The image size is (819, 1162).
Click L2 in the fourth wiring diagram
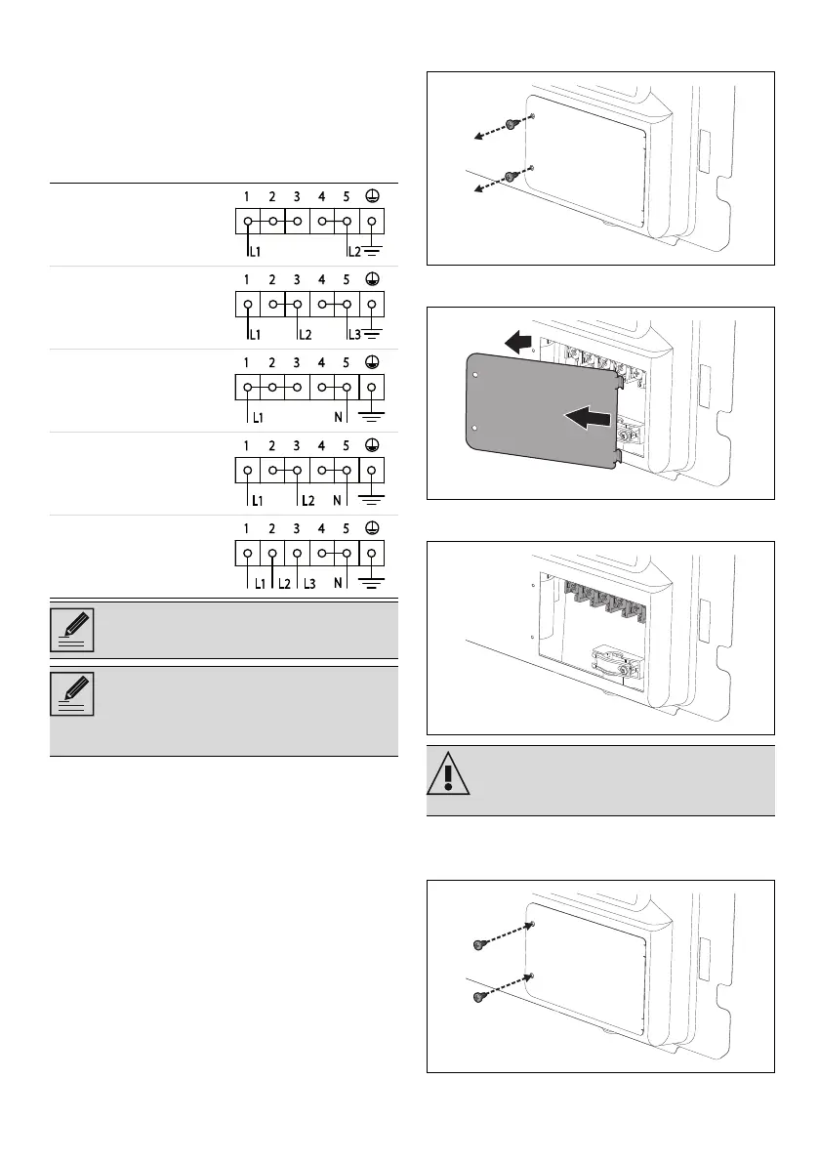306,501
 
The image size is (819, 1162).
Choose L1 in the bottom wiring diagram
260,584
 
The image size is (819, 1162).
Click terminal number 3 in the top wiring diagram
297,196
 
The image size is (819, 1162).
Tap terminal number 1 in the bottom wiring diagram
248,529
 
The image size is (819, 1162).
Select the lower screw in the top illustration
511,177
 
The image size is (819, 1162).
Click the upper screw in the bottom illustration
480,943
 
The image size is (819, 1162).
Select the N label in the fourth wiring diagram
337,501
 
